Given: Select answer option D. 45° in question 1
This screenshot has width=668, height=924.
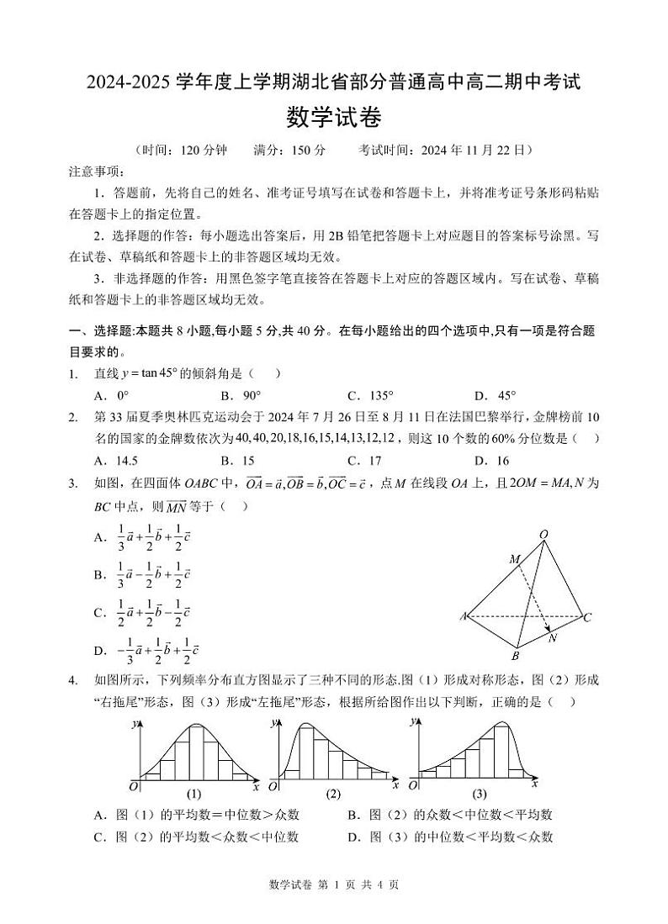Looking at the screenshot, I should click(496, 395).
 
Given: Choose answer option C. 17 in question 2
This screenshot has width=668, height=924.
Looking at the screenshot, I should click(364, 460).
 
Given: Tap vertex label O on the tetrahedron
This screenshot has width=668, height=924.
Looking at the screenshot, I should click(543, 535).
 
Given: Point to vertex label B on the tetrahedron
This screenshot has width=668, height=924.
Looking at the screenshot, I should click(516, 656).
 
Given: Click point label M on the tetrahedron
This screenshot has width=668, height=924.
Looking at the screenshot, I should click(514, 559).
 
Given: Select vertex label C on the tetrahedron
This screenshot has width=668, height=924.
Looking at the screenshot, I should click(588, 618).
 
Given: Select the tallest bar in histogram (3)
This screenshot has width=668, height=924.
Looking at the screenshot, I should click(502, 749).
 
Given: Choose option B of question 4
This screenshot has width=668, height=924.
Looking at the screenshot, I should click(448, 814).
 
